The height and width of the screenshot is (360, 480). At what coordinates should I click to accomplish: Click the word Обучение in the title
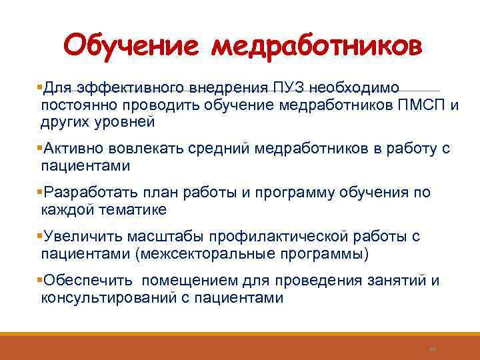(133, 47)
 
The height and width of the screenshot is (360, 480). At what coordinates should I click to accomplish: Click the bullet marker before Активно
(39, 147)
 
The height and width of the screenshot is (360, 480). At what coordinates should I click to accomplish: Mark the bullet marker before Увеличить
(39, 236)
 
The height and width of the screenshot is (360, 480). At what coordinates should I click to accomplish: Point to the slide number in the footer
(431, 348)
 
